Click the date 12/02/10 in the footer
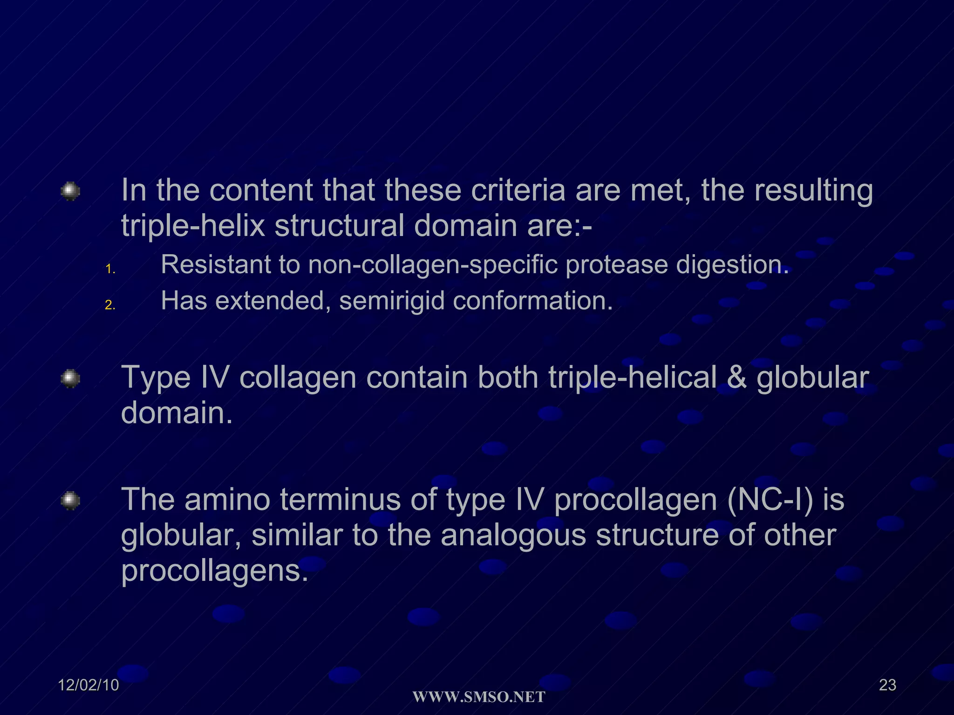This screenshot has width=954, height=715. (89, 685)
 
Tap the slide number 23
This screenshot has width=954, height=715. (887, 685)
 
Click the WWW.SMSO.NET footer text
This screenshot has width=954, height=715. (479, 697)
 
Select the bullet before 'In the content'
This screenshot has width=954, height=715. (70, 191)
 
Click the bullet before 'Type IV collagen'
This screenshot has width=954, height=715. (70, 378)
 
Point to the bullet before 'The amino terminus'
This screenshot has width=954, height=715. (70, 500)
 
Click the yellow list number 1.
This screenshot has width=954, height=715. (110, 269)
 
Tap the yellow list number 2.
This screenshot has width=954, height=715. (110, 305)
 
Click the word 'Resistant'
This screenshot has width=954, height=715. (216, 265)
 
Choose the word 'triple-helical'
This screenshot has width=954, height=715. (632, 378)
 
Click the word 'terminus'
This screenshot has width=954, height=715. (340, 500)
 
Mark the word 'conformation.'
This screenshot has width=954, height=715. (532, 301)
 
